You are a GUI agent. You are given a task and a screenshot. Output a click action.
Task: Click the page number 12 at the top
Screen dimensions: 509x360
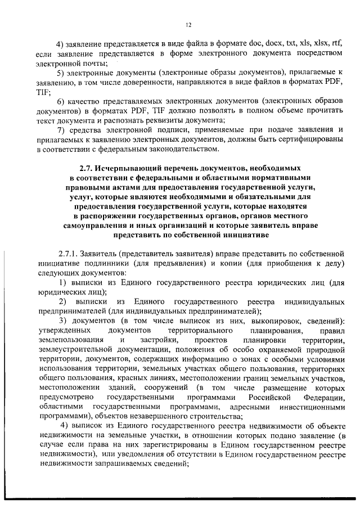point(188,25)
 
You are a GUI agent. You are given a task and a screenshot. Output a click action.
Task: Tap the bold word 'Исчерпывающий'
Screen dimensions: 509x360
point(125,168)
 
